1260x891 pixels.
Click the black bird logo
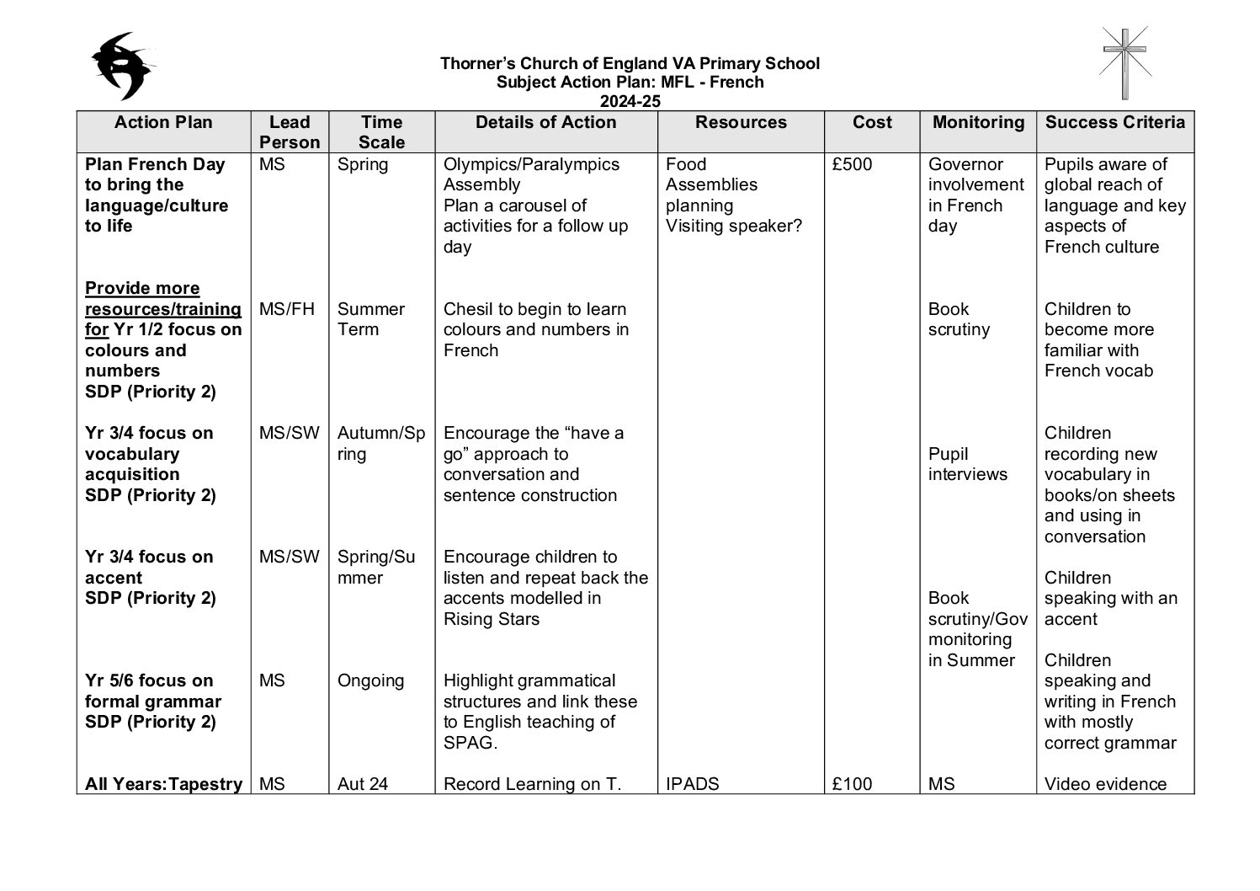pos(124,66)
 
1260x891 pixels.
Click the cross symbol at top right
pos(1125,63)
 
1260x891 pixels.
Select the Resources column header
pos(741,123)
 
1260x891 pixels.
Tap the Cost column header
pos(872,123)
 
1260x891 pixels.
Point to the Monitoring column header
pos(978,123)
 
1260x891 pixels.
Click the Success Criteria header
pos(1115,123)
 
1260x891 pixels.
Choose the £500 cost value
pos(852,164)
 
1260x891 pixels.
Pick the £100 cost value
pos(852,784)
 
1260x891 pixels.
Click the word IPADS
pos(692,784)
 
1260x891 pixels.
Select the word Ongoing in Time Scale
pos(370,680)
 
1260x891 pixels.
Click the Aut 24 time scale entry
pos(363,784)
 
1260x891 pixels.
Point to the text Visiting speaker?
pos(733,226)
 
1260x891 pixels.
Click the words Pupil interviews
pos(967,464)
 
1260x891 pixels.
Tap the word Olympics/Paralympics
pos(531,164)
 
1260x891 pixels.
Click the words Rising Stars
pos(492,619)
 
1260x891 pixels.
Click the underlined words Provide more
pos(142,288)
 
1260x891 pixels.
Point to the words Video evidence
pos(1105,784)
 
